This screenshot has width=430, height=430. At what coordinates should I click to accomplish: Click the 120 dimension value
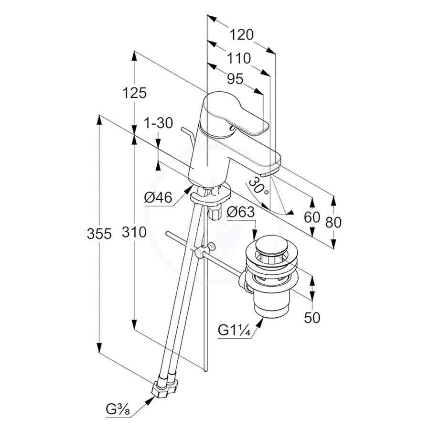(240, 35)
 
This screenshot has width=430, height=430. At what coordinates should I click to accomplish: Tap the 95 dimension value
(235, 79)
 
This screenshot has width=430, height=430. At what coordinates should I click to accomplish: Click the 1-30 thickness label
(158, 123)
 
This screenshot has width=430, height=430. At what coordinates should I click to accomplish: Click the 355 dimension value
(99, 234)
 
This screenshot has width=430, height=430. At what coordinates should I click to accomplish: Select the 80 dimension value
(333, 222)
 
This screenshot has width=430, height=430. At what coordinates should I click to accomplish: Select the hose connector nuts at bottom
(164, 388)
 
